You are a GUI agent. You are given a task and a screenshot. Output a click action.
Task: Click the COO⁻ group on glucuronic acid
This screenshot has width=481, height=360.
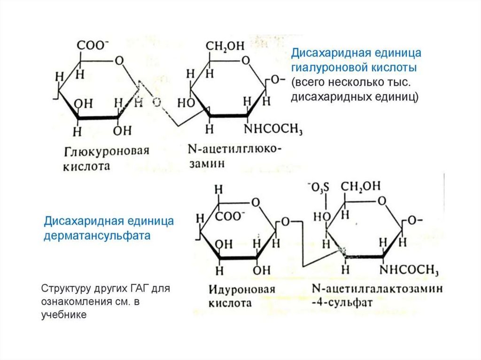click(93, 46)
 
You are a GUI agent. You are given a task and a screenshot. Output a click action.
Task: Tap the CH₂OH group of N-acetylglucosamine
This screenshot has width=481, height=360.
click(224, 46)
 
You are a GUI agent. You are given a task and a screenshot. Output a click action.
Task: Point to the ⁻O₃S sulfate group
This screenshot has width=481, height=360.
click(319, 188)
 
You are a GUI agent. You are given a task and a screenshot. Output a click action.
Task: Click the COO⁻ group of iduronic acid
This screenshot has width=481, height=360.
click(230, 217)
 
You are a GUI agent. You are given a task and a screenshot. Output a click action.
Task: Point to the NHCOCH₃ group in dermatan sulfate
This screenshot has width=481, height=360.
click(409, 270)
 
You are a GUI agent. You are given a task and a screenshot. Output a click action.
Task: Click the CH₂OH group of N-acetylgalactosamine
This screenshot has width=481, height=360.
click(361, 187)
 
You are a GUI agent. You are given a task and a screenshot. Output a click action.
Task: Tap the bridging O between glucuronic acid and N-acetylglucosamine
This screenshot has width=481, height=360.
click(156, 101)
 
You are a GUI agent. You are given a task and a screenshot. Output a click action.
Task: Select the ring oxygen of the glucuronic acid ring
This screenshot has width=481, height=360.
click(119, 61)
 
